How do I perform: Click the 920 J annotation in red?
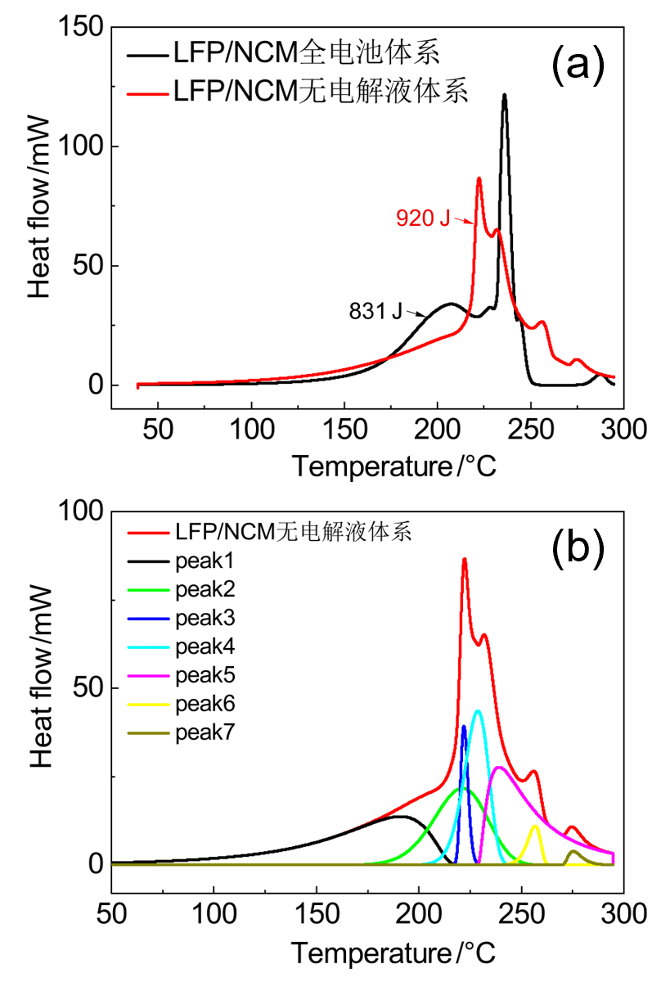point(423,218)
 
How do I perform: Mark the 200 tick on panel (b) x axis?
point(419,912)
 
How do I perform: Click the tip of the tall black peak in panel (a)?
point(505,95)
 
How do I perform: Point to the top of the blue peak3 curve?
point(464,726)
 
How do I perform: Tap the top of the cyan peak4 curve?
point(478,711)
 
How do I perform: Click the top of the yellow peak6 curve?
point(535,826)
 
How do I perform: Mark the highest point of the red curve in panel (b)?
point(465,559)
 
